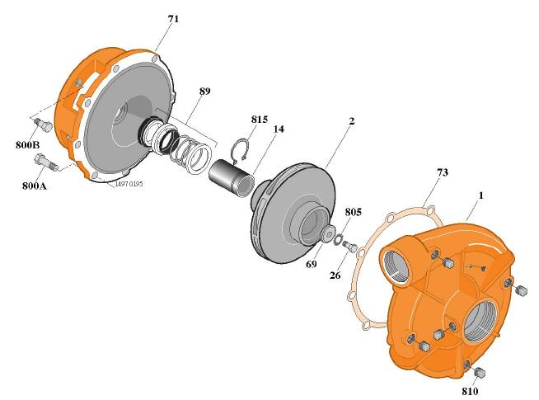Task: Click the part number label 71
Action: (x=173, y=19)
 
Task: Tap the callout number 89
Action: (x=204, y=92)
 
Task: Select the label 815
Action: (x=259, y=120)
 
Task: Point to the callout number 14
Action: (x=279, y=129)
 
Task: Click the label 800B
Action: (x=27, y=145)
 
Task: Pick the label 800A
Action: (x=35, y=186)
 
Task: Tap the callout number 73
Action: (x=443, y=172)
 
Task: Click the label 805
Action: (x=353, y=212)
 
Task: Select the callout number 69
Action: (x=312, y=264)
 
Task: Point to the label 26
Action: (x=335, y=275)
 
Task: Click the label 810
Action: (x=470, y=392)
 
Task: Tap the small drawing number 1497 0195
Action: (x=129, y=184)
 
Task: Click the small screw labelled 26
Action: (x=350, y=246)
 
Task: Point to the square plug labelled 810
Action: (x=479, y=372)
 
